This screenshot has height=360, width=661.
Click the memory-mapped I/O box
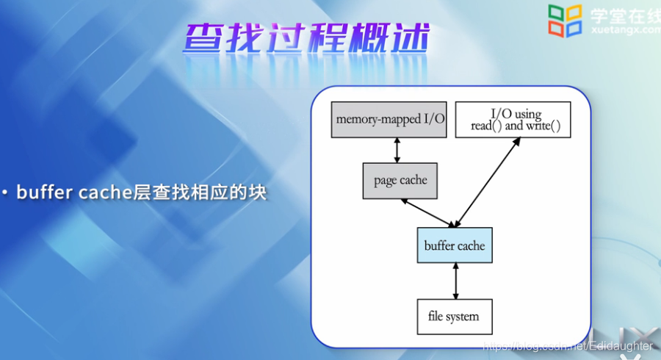click(x=389, y=119)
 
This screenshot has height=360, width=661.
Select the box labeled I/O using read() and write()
click(x=513, y=119)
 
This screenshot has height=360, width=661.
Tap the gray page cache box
click(x=400, y=180)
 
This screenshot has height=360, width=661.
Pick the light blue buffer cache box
click(x=455, y=245)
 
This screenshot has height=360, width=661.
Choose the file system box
click(x=453, y=317)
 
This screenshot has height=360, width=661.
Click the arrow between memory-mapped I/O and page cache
click(x=397, y=150)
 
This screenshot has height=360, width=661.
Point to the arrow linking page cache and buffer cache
click(x=427, y=213)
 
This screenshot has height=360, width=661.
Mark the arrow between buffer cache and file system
click(x=455, y=281)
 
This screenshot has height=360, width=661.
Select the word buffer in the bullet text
click(x=43, y=192)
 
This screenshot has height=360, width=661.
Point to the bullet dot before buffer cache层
click(x=5, y=193)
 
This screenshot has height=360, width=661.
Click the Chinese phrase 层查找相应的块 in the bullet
click(x=198, y=192)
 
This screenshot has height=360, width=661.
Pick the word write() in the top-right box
click(x=543, y=126)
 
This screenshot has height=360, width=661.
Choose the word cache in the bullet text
click(x=104, y=192)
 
